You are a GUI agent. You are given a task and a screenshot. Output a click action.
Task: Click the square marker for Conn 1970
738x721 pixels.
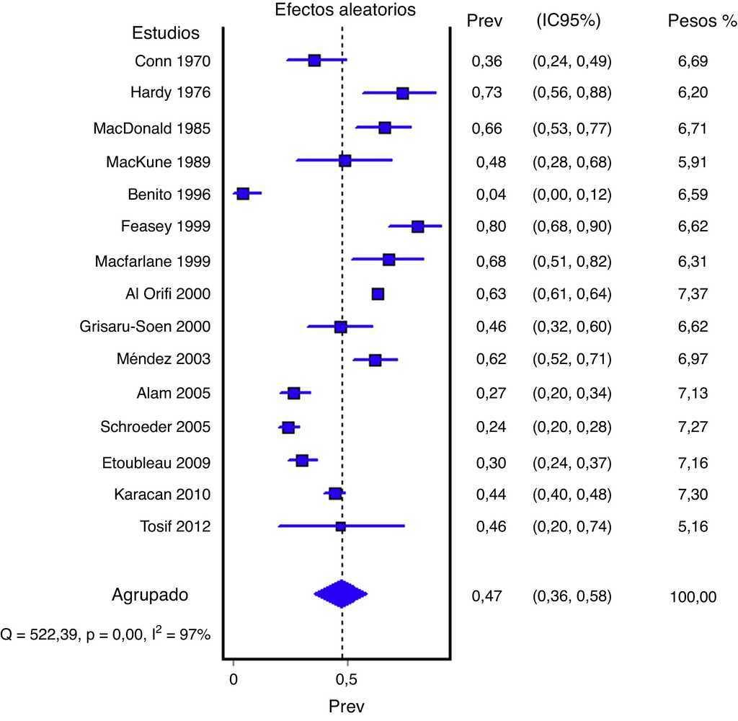pos(314,61)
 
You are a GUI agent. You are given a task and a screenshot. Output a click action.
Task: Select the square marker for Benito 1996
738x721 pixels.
pos(243,194)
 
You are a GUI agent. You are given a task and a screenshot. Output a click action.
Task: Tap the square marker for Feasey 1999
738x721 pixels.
pos(417,226)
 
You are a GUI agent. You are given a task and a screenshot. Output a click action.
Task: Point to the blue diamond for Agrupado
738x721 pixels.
pos(341,594)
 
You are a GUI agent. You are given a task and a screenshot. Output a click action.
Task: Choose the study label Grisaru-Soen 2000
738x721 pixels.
pos(145,327)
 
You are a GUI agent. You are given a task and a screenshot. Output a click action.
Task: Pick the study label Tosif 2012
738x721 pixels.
pos(174,526)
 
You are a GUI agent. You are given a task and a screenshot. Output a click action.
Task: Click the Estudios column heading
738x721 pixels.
pos(166,33)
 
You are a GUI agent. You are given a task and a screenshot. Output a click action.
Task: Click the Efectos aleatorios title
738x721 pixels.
pos(345,9)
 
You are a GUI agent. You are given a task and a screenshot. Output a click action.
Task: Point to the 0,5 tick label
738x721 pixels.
pos(346,678)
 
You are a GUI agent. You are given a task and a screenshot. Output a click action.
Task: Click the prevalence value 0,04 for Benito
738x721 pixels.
pos(491,194)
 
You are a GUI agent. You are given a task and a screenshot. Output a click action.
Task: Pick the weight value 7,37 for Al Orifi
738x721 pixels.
pos(693,293)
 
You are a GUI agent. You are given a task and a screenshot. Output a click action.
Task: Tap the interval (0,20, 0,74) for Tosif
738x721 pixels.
pos(572,526)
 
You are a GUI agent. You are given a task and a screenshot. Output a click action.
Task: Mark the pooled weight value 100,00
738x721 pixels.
pos(693,596)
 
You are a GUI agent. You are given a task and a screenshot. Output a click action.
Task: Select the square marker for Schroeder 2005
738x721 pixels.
pos(288,428)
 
